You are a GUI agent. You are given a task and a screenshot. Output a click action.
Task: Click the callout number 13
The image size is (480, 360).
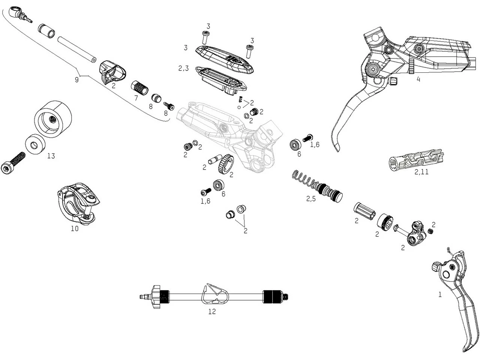click(51, 156)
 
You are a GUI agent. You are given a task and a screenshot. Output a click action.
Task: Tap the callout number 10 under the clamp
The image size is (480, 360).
click(75, 228)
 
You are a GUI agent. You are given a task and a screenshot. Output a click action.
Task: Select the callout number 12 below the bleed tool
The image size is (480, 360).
click(212, 312)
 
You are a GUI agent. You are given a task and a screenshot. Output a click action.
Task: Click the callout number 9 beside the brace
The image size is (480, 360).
click(77, 80)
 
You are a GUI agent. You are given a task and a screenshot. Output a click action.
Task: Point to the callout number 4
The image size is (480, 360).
click(418, 79)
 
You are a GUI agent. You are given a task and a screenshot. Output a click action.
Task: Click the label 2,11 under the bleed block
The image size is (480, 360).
click(421, 172)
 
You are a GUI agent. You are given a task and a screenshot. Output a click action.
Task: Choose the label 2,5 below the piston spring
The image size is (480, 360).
click(311, 199)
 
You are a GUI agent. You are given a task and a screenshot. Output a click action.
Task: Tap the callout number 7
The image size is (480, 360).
click(136, 98)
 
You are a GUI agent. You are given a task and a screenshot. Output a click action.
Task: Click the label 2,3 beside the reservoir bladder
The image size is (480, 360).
click(183, 69)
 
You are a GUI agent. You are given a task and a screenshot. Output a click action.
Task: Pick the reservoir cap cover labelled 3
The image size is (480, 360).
click(225, 58)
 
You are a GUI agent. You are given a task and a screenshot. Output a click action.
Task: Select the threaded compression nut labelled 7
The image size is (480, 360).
click(139, 88)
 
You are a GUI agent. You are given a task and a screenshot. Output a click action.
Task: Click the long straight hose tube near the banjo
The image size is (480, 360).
click(77, 49)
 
